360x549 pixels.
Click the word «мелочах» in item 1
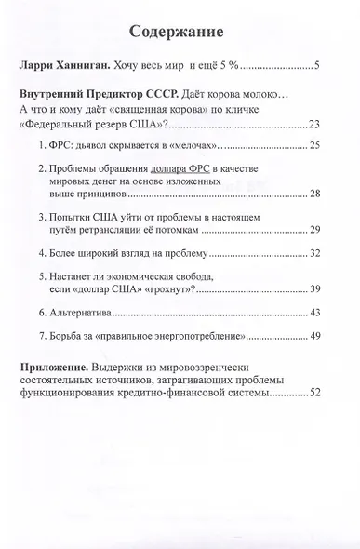187,148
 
